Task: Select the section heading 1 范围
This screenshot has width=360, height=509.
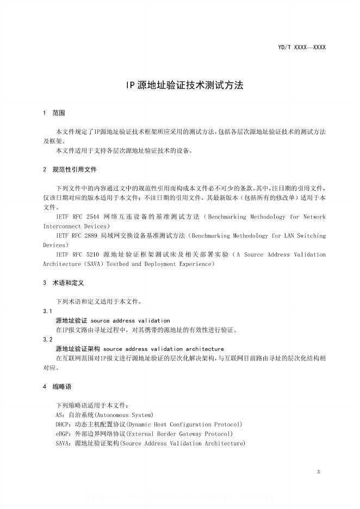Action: click(54, 113)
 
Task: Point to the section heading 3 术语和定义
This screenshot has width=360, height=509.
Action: click(64, 283)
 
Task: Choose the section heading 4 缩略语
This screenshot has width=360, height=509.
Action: click(58, 387)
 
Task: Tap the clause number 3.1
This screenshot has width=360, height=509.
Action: click(47, 311)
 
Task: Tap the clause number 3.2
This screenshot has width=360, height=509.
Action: click(47, 339)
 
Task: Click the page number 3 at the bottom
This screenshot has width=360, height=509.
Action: click(318, 471)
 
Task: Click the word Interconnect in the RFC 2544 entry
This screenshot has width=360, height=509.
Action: click(64, 226)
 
